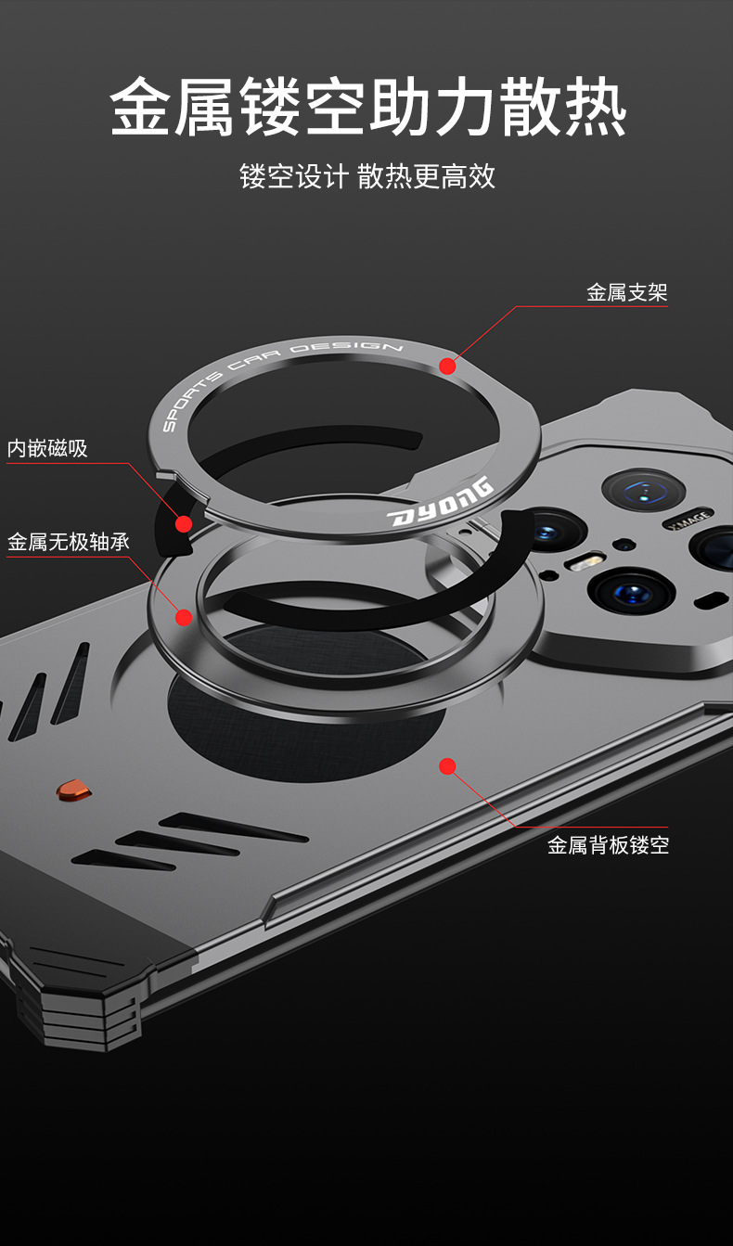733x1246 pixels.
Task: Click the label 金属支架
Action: pos(626,293)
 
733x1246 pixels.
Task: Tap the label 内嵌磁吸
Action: pos(47,449)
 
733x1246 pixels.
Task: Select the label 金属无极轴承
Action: pos(69,542)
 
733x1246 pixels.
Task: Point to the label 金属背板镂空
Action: pos(608,845)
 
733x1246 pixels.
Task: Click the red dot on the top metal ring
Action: pos(447,366)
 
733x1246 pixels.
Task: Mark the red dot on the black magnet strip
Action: pos(184,524)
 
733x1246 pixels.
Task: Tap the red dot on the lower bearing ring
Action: pos(184,617)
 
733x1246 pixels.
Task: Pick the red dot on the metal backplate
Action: pos(447,766)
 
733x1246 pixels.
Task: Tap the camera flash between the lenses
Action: pos(587,560)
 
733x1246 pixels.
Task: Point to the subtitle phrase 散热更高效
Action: pos(426,176)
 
